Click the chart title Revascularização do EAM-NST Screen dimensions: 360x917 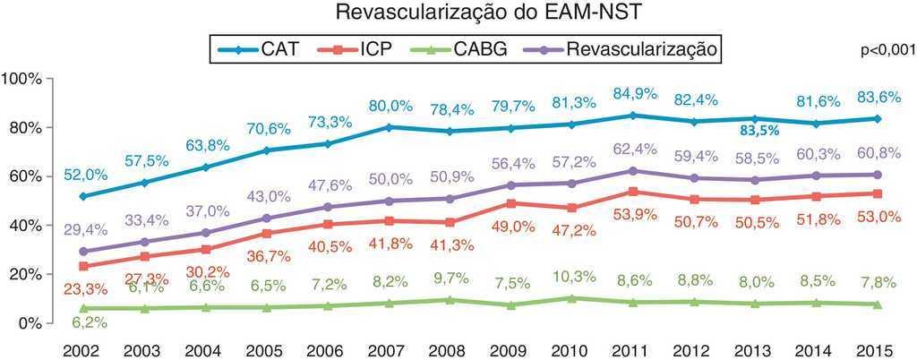coord(458,13)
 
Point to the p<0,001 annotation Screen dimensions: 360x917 coord(887,51)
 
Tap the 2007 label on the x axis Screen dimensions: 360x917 coord(388,346)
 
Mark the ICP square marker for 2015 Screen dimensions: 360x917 coord(877,193)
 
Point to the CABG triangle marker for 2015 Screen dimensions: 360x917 coord(877,304)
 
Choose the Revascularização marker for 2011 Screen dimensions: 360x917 coord(633,170)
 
